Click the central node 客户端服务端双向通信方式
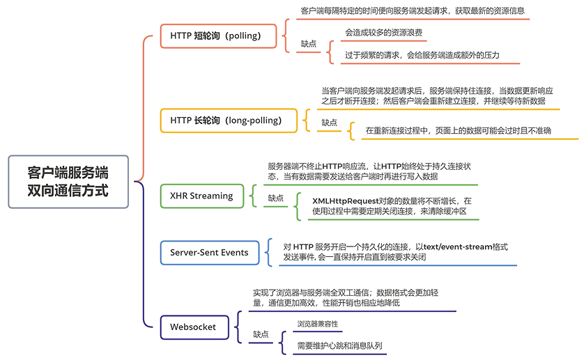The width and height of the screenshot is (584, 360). point(68,181)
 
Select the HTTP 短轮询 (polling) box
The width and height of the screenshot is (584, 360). point(215,36)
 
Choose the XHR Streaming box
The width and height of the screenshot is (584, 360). point(201,196)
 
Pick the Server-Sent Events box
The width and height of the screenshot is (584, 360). point(209,252)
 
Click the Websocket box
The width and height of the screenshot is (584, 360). point(193,327)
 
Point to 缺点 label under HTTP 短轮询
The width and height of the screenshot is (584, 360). point(308,43)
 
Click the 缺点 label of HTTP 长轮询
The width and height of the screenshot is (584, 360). point(329,123)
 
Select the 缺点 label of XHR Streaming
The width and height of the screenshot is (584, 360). point(276,198)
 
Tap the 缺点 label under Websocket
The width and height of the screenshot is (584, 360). point(260,335)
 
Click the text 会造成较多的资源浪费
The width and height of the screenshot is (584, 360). point(383,32)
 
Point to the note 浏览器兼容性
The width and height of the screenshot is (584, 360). point(318,324)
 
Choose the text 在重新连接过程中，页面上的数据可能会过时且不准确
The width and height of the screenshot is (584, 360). point(459,130)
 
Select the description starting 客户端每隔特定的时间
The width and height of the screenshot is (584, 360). point(412,11)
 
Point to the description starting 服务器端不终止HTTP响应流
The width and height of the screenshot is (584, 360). point(369,171)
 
